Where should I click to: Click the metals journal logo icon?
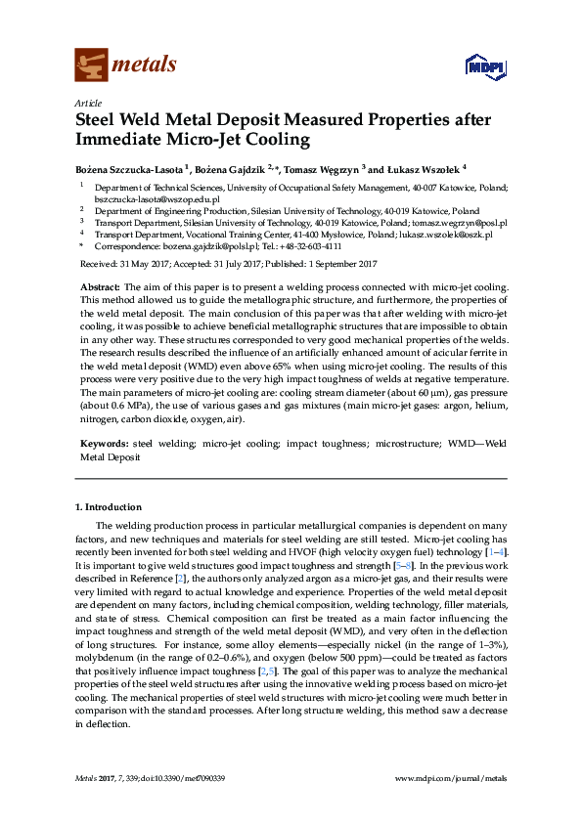click(92, 65)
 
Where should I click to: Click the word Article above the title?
click(88, 103)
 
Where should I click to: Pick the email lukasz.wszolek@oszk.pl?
click(452, 235)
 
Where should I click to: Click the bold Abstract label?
click(99, 282)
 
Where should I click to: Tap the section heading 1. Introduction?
click(109, 507)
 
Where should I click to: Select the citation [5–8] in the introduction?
click(407, 566)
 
